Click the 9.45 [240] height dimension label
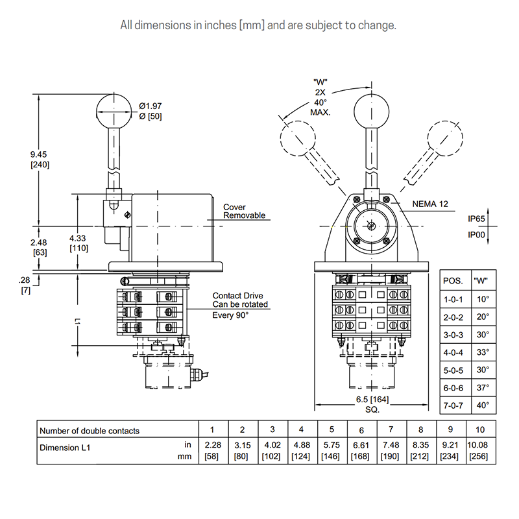click(40, 159)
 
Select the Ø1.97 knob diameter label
click(151, 106)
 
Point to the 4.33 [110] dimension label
click(78, 243)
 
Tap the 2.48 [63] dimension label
click(39, 247)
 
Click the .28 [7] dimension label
click(25, 285)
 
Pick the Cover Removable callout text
click(245, 211)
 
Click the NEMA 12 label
click(430, 204)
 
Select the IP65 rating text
click(476, 219)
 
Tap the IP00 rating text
click(476, 235)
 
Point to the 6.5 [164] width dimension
click(372, 400)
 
